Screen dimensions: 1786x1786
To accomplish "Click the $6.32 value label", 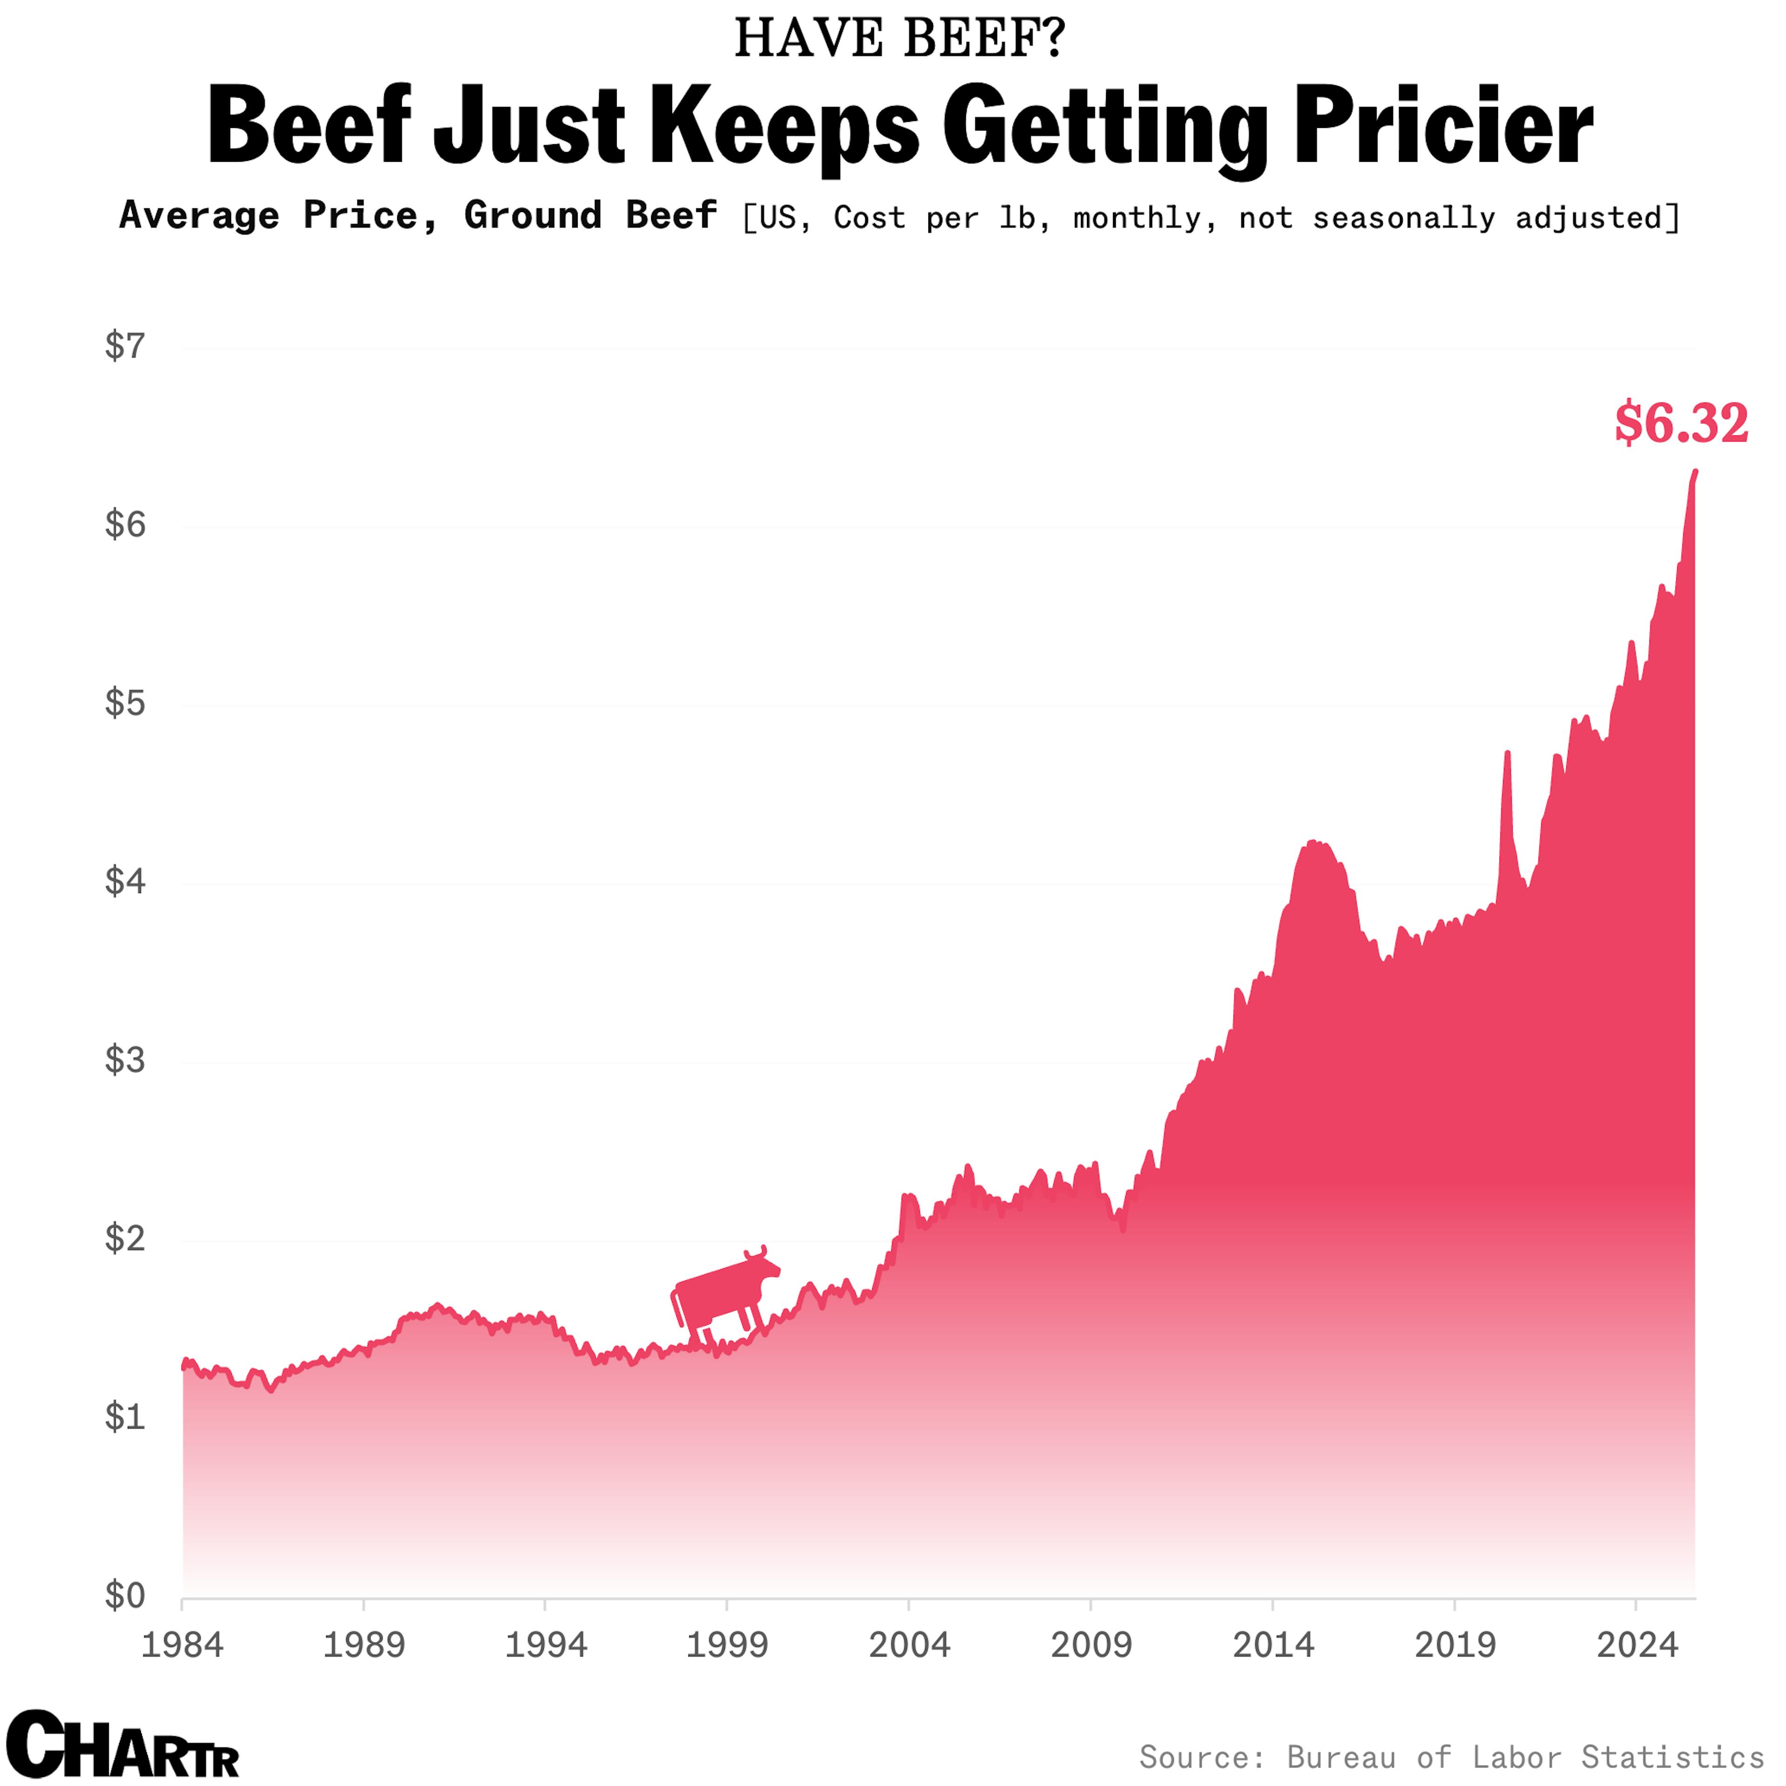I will click(1680, 423).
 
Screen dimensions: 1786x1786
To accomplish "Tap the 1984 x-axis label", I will click(182, 1646).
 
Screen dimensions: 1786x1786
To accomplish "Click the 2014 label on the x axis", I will click(1273, 1646).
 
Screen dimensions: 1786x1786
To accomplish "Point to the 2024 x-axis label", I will click(1636, 1646).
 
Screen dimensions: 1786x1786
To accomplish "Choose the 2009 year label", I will click(1091, 1646).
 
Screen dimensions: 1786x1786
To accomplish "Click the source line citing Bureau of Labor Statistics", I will click(1451, 1755).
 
